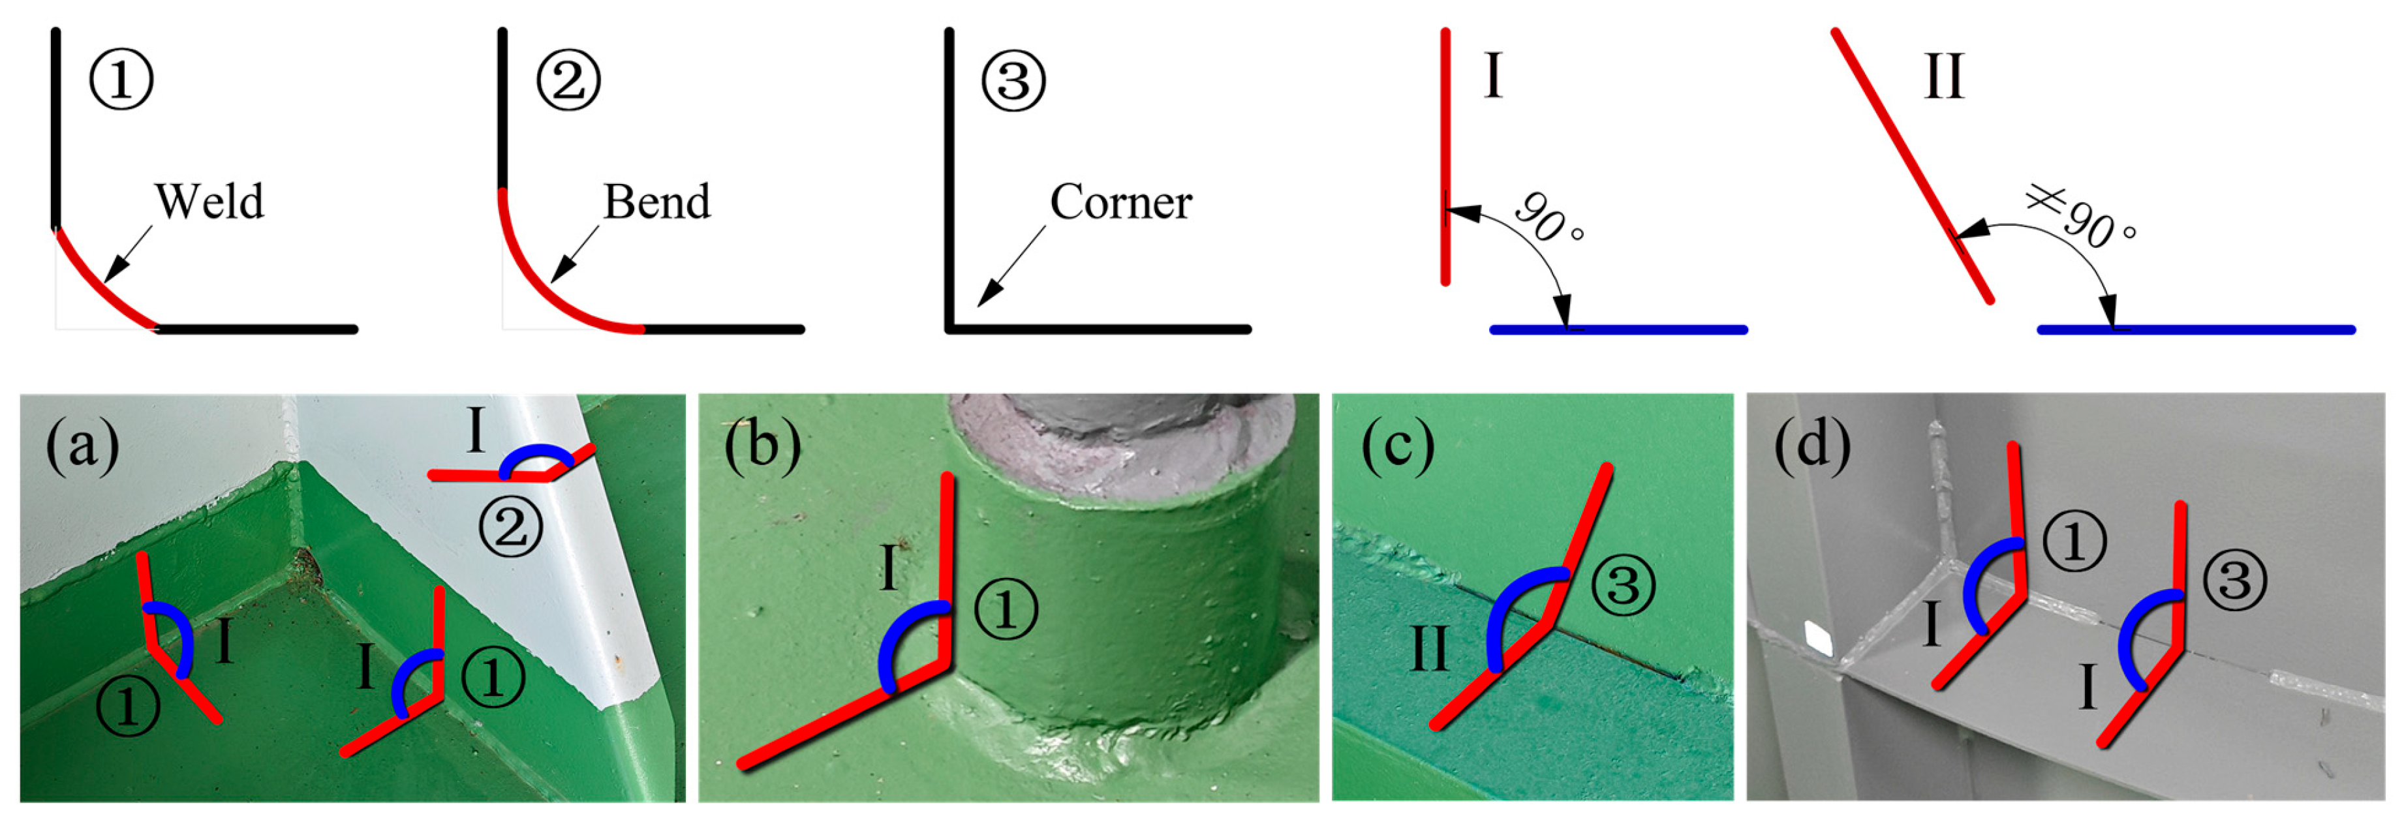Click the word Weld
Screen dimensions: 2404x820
coord(209,202)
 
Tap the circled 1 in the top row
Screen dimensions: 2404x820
coord(121,80)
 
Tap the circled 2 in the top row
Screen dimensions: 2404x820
coord(568,80)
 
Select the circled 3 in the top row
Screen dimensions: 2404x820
coord(1013,80)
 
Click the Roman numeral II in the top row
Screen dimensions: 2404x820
coord(1945,76)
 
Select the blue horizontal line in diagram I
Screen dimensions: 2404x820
coord(1618,329)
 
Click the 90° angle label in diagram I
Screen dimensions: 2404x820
coord(1549,220)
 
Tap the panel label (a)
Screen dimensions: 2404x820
coord(82,446)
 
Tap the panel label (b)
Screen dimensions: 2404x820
coord(762,446)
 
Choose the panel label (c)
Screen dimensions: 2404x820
coord(1397,446)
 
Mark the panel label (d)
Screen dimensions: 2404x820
coord(1811,446)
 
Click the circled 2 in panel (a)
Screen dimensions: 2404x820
coord(510,528)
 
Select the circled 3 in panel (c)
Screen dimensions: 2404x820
coord(1624,586)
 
